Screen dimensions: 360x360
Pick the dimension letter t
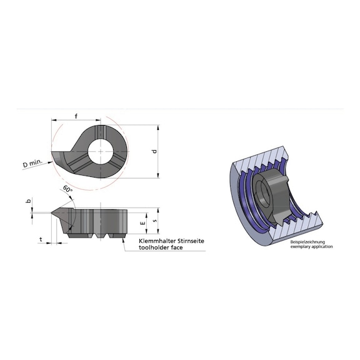coord(41,239)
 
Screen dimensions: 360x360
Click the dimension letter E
coord(144,222)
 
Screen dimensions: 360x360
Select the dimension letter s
coord(156,222)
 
